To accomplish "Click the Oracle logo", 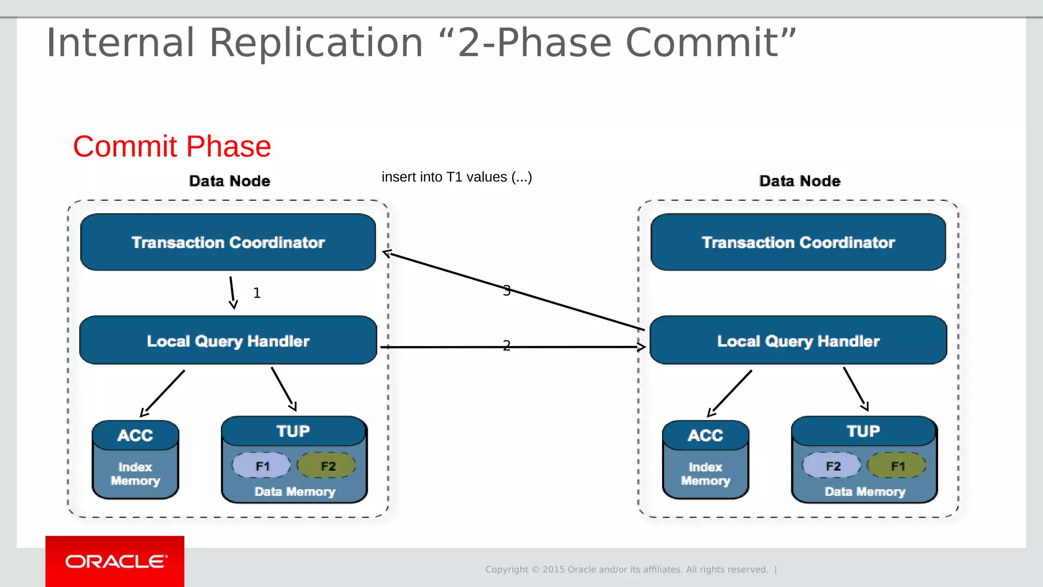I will [x=115, y=561].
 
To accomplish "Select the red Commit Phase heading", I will [x=172, y=147].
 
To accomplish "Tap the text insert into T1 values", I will [x=456, y=177].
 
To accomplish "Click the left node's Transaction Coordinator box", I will [x=228, y=242].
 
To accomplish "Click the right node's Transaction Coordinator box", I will [x=798, y=242].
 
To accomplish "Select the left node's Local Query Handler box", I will [x=228, y=340].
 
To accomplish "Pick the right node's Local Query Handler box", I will [x=798, y=340].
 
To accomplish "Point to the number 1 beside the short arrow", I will [x=257, y=293].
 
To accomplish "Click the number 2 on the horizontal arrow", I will [x=506, y=346].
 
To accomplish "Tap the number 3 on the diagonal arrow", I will [x=506, y=290].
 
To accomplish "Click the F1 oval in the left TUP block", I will [x=262, y=466].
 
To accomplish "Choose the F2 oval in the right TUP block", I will [x=832, y=466].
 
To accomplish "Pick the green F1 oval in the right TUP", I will [x=897, y=466].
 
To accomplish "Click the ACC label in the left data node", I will [x=135, y=435].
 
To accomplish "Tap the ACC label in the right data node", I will [x=705, y=435].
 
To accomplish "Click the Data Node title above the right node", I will [x=800, y=181].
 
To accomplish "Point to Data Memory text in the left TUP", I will [x=294, y=492].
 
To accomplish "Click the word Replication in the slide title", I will [x=316, y=43].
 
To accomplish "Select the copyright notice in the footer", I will [x=626, y=569].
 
